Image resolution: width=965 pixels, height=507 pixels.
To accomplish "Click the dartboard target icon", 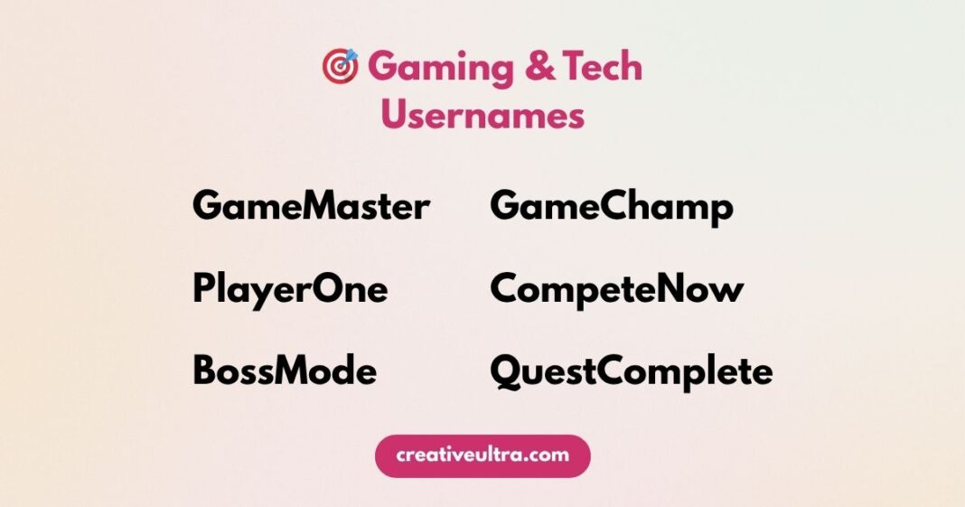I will (341, 67).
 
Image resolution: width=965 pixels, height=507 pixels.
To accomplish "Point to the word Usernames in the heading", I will (482, 116).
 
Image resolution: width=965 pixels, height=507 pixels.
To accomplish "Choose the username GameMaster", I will (311, 207).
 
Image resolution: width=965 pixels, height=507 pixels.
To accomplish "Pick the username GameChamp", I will (612, 208).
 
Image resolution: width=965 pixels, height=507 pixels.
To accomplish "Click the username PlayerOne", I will (290, 290).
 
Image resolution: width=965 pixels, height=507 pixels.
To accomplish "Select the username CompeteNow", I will (617, 290).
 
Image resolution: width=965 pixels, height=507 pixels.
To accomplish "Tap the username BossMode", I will (285, 371).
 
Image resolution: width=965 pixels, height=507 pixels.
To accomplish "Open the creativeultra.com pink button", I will (482, 455).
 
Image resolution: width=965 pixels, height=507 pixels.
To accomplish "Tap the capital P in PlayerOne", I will (203, 290).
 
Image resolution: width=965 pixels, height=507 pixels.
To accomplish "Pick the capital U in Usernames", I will (394, 116).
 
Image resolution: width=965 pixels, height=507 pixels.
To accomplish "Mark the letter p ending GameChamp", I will (721, 211).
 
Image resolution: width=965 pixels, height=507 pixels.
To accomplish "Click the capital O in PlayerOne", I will (331, 290).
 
